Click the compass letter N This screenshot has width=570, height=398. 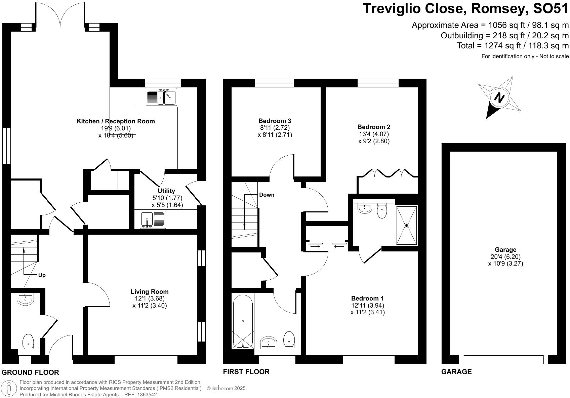click(499, 98)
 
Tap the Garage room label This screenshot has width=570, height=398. click(505, 250)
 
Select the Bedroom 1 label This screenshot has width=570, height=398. click(367, 298)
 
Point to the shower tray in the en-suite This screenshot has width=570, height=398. click(407, 225)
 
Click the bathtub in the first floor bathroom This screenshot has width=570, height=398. click(243, 321)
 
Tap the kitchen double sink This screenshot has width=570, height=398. click(161, 96)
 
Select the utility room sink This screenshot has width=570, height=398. click(153, 220)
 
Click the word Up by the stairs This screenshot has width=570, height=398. click(42, 275)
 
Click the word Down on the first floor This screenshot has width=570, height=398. click(267, 195)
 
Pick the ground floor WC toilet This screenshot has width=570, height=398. click(28, 341)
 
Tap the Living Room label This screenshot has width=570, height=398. click(150, 292)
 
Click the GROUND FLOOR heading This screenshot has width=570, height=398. click(30, 372)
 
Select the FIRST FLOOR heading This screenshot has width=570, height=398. click(246, 372)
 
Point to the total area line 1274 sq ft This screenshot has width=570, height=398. click(513, 46)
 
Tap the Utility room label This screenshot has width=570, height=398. click(166, 191)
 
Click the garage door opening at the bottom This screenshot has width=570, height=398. click(503, 360)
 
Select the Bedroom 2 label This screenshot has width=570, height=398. click(374, 127)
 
